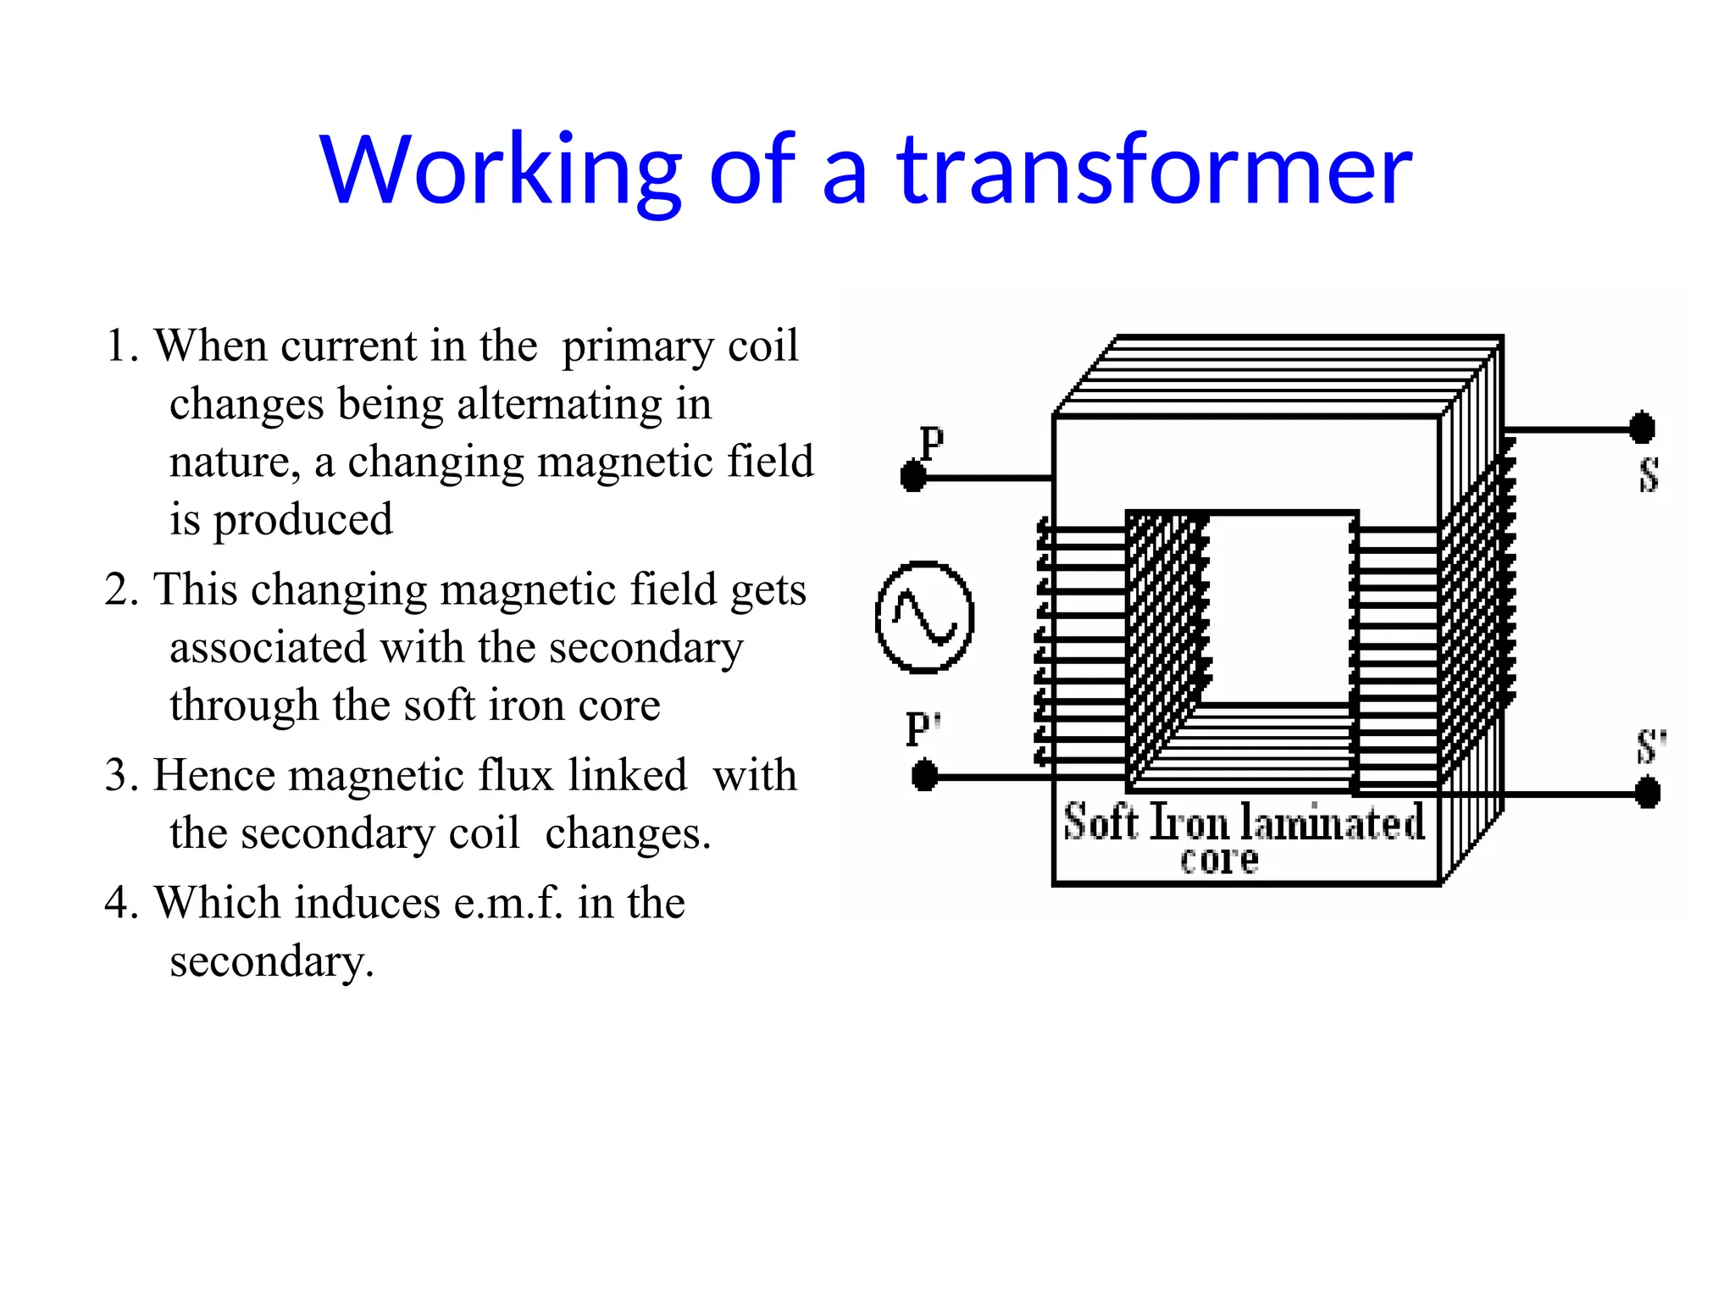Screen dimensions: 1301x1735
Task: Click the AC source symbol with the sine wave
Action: [924, 617]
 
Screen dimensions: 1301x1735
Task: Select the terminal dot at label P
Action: [913, 476]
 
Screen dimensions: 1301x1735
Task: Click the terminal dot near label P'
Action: [924, 775]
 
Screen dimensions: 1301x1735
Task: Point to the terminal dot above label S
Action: [1642, 428]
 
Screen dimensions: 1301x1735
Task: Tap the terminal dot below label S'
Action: [1647, 794]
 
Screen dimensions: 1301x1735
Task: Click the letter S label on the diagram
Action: [1649, 474]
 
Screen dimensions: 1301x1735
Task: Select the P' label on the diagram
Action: [923, 728]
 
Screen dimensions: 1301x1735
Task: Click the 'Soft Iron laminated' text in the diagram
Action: [1244, 822]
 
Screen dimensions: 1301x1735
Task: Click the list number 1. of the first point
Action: [122, 346]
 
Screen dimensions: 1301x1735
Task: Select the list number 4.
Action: [122, 903]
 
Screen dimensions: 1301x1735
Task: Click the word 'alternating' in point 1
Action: [560, 404]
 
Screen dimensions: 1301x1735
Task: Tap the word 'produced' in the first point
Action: [302, 520]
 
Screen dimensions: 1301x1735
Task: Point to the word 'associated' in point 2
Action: [268, 648]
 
